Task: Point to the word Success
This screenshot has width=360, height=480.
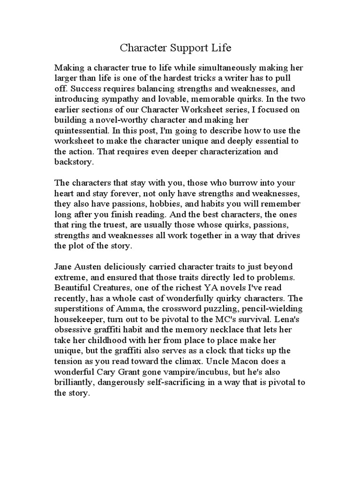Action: pyautogui.click(x=82, y=88)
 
